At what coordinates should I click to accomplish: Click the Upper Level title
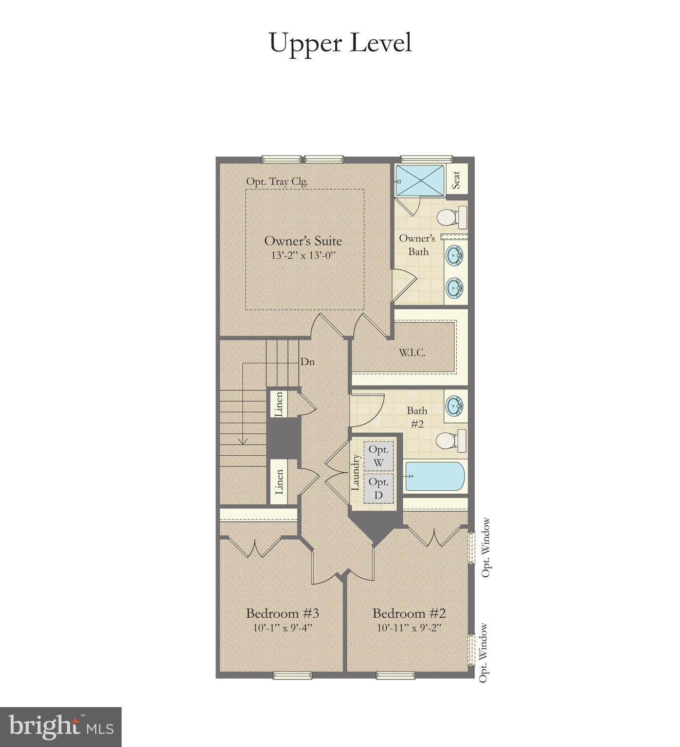tap(340, 43)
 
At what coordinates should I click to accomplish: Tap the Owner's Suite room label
tap(303, 241)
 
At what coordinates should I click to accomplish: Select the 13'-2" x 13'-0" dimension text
tap(303, 255)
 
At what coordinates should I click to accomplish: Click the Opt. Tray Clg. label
tap(277, 181)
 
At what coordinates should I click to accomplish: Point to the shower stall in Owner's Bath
tap(420, 180)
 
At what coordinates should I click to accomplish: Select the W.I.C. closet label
tap(412, 353)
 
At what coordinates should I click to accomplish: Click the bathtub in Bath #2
tap(435, 477)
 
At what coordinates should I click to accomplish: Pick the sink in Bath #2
tap(455, 405)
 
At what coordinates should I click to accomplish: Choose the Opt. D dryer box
tap(378, 488)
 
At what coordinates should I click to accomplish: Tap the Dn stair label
tap(307, 362)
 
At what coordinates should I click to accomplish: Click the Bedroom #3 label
tap(282, 613)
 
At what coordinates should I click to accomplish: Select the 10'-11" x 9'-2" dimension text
tap(409, 627)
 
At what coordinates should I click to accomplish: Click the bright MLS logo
tap(61, 727)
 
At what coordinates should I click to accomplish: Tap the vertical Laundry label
tap(356, 472)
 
